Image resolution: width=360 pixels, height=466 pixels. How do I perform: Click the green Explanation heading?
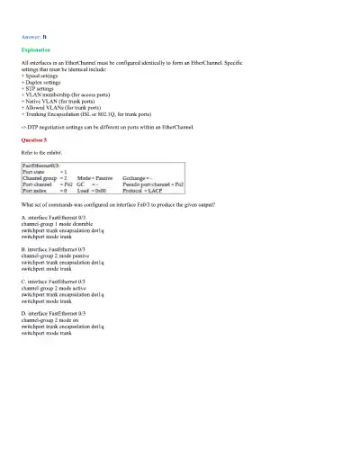coord(35,50)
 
